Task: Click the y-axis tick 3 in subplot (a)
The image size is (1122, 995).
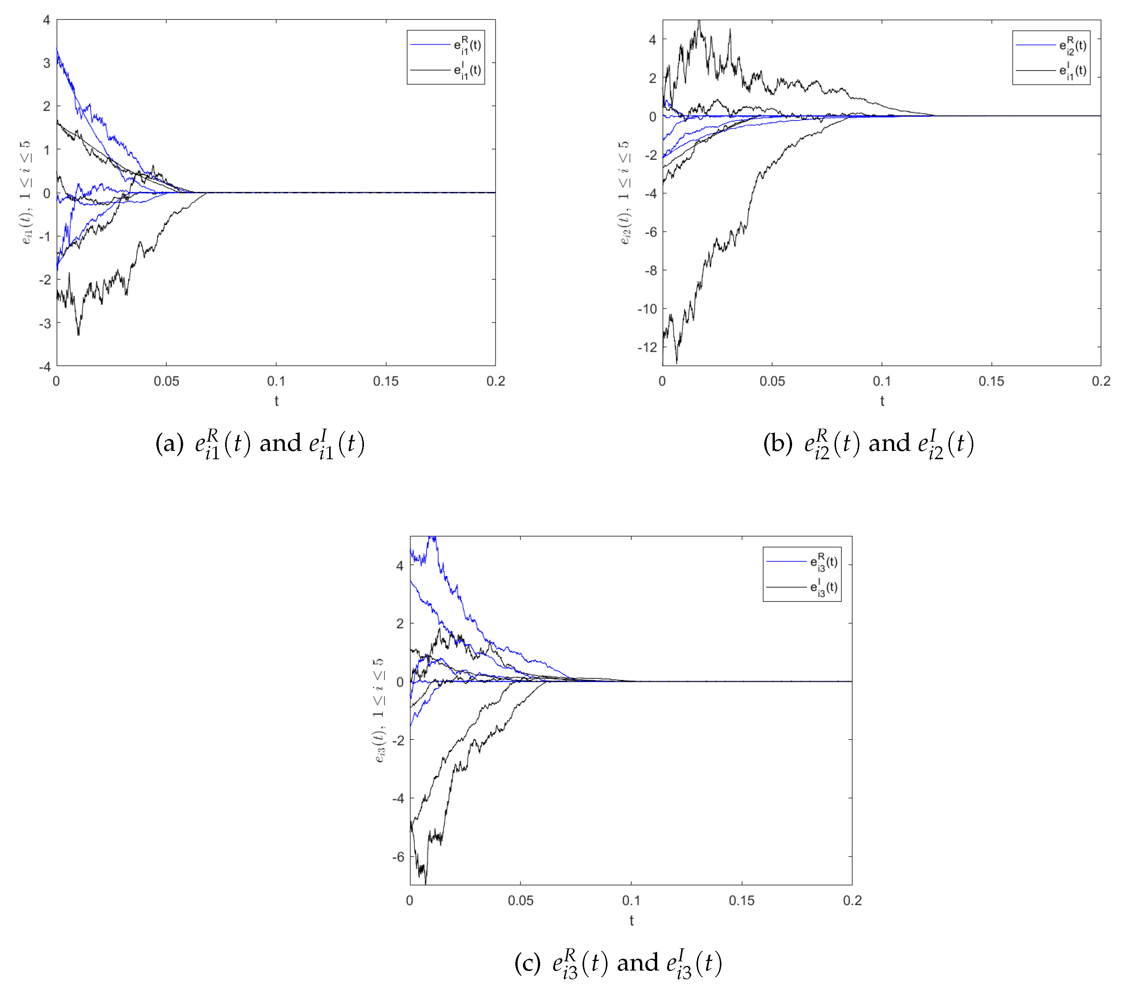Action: pos(47,63)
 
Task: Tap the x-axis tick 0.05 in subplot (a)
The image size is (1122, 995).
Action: pos(166,381)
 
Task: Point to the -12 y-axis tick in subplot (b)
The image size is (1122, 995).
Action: pos(647,347)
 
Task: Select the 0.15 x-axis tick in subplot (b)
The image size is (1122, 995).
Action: pos(991,381)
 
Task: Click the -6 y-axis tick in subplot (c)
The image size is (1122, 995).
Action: pos(398,857)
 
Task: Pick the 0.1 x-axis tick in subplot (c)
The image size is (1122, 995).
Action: pos(631,901)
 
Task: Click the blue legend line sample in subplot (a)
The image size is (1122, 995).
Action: pos(430,44)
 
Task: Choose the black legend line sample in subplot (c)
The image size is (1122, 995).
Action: pos(786,587)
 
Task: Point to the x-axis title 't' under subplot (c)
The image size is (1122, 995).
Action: pos(631,921)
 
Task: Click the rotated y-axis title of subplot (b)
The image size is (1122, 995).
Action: pos(624,193)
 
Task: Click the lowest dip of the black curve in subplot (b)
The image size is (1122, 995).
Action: pos(676,363)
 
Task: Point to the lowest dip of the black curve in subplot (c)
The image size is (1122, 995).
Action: pos(425,883)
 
